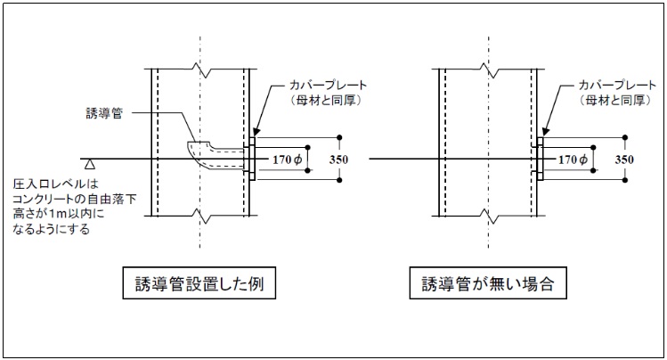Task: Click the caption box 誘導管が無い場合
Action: pyautogui.click(x=481, y=285)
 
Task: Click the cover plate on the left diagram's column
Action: pyautogui.click(x=252, y=159)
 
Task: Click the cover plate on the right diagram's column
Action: pyautogui.click(x=539, y=159)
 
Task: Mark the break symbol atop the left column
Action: pyautogui.click(x=202, y=66)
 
